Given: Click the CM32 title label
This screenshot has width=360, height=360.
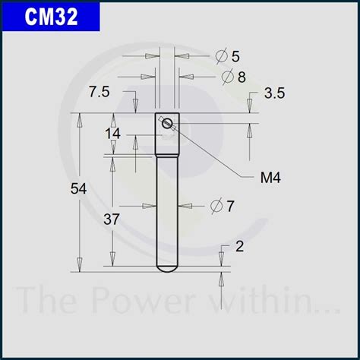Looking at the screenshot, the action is click(x=51, y=17).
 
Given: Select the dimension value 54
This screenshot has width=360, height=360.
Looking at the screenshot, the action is click(x=78, y=188).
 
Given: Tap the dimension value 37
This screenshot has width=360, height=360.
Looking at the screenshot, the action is click(x=111, y=219).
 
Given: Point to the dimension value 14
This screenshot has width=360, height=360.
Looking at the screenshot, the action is click(x=113, y=134).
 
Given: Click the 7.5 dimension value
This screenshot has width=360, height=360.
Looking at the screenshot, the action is click(x=99, y=91).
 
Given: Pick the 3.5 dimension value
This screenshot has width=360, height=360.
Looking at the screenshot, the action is click(x=274, y=93).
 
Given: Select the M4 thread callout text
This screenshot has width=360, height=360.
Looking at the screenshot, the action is click(x=270, y=178).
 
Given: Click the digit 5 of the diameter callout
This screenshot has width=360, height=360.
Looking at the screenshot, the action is click(x=235, y=56).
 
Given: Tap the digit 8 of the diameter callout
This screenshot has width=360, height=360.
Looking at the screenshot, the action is click(x=242, y=77).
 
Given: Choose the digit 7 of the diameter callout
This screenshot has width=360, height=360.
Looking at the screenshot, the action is click(x=230, y=206).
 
